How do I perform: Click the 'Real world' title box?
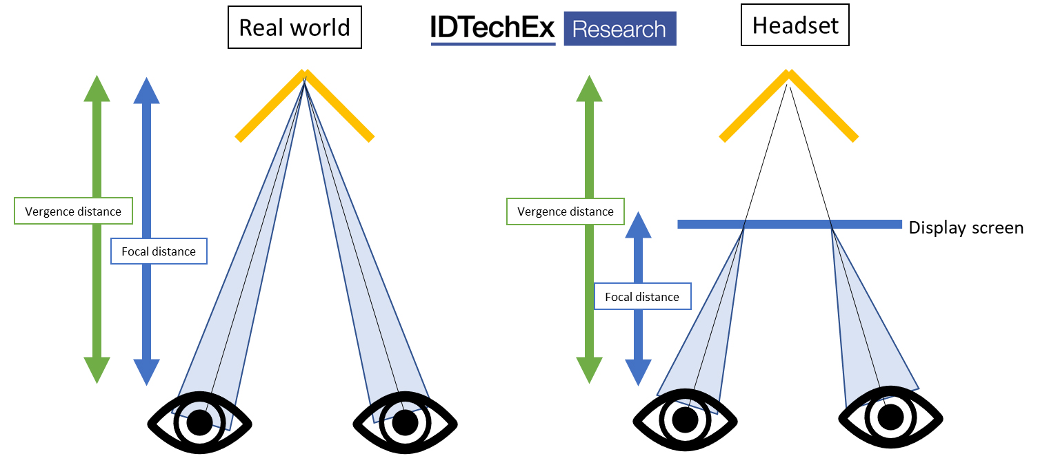294,28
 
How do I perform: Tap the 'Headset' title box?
795,26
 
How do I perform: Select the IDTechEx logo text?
492,28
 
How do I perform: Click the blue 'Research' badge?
619,29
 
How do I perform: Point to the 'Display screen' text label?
966,227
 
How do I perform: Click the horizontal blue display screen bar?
789,224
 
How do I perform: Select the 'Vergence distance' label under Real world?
73,211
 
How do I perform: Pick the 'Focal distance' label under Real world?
159,251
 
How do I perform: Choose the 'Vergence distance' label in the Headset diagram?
565,211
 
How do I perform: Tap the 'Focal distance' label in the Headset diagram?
642,297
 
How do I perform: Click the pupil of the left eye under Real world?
200,422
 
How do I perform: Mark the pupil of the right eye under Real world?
404,422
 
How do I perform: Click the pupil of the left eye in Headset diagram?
684,419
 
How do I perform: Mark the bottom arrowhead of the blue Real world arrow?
146,371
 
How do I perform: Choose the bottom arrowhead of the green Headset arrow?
589,370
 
